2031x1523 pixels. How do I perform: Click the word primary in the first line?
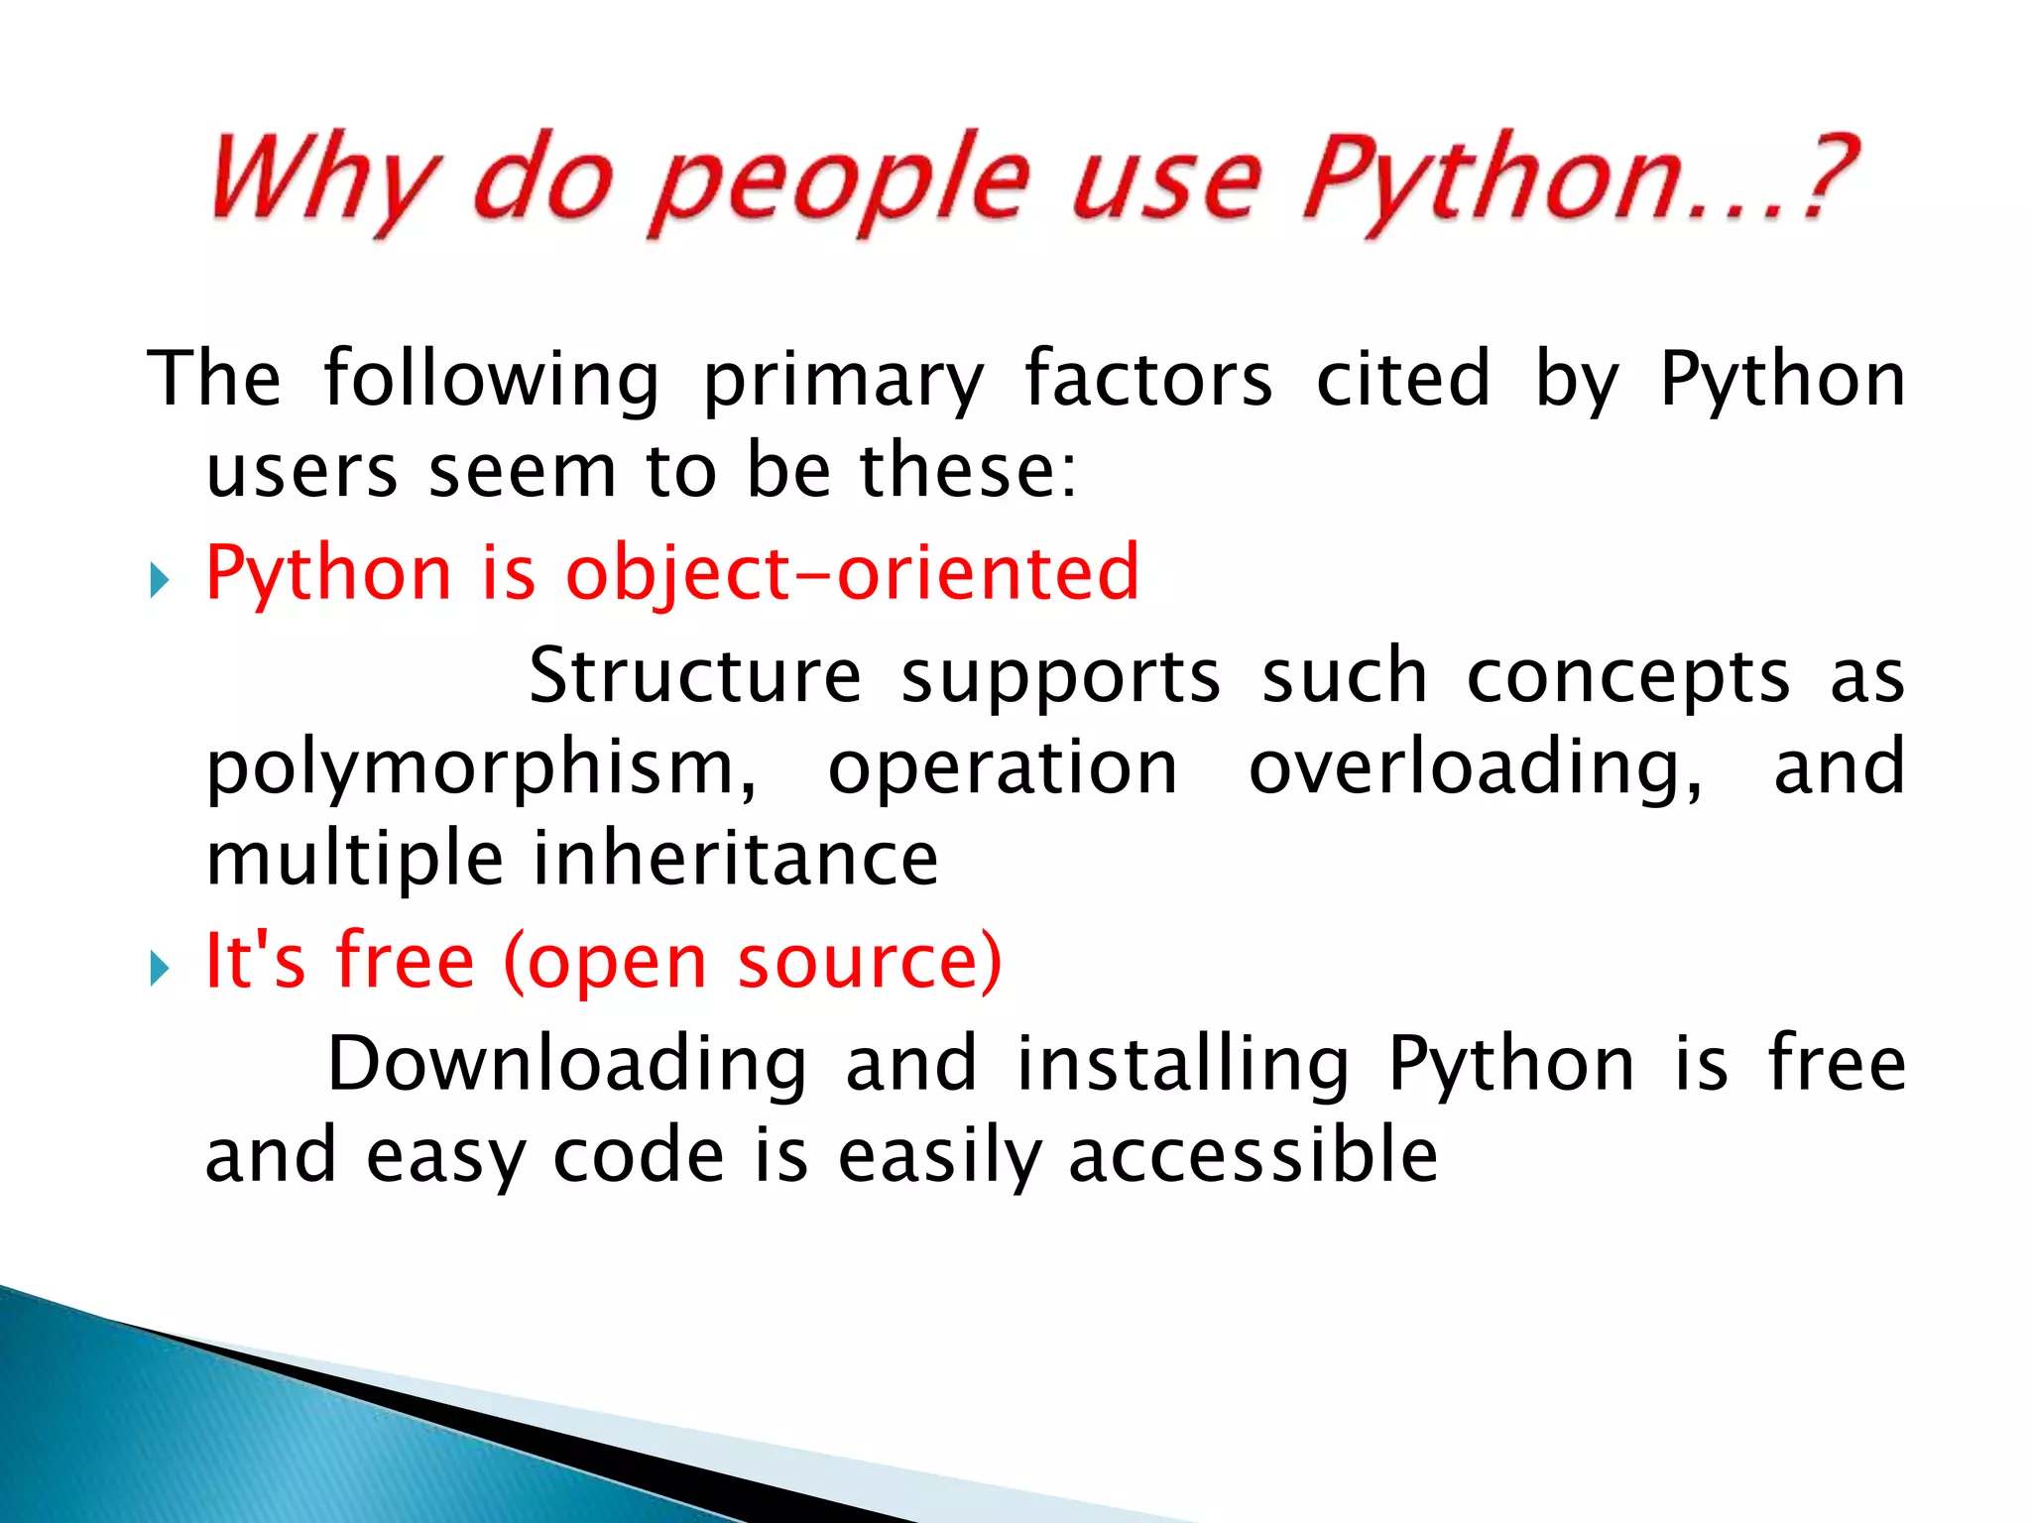click(x=843, y=382)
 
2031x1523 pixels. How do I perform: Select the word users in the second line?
click(x=301, y=471)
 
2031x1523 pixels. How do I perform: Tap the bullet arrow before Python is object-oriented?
click(x=159, y=579)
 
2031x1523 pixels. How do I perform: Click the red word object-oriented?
click(x=852, y=574)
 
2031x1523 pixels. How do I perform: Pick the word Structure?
click(x=695, y=676)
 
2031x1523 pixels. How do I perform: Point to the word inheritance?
click(x=735, y=859)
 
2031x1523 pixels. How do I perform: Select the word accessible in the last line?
click(x=1253, y=1156)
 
